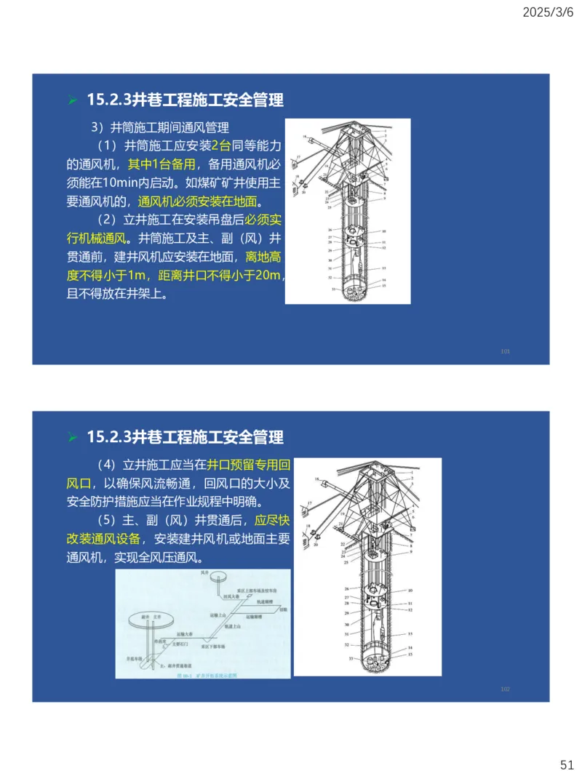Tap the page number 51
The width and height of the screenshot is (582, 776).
click(x=567, y=764)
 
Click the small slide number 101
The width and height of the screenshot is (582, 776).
click(x=506, y=351)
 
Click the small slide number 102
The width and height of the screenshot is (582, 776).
click(x=506, y=689)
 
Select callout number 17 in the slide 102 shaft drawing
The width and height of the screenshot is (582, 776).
click(x=308, y=503)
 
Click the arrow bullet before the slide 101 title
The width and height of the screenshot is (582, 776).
click(x=73, y=100)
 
